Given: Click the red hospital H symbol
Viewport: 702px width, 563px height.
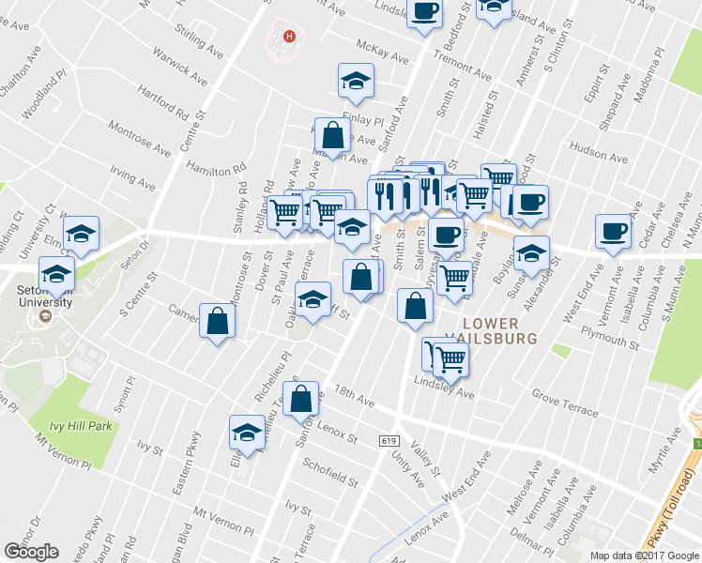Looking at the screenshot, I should [x=290, y=38].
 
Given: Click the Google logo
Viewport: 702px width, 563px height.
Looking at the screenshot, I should [x=30, y=552].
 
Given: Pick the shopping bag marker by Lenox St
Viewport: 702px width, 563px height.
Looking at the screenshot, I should [x=301, y=398].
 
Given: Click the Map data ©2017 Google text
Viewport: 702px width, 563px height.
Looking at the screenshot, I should [x=644, y=555].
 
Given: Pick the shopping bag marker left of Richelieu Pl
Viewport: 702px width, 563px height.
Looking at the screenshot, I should [x=218, y=322].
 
